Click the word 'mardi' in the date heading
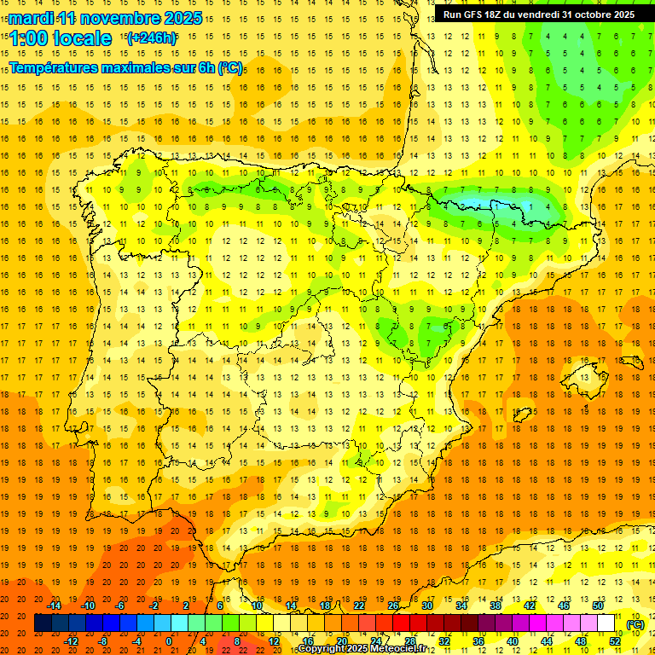(x=31, y=18)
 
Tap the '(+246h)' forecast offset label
(x=152, y=38)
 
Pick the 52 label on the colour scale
(x=615, y=641)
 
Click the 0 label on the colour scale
(x=169, y=641)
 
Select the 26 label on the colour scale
(x=393, y=606)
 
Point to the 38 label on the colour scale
(x=496, y=606)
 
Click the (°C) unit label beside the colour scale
(x=635, y=624)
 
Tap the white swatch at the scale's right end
(x=606, y=623)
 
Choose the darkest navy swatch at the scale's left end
(x=43, y=623)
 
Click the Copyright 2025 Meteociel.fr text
(x=361, y=649)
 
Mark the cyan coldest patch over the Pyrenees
(x=478, y=204)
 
